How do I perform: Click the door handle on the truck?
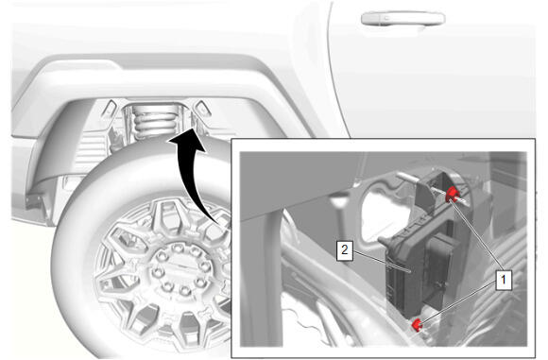coord(402,19)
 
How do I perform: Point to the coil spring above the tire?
coord(154,121)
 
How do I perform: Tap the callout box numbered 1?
coord(504,280)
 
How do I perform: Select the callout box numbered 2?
coord(345,250)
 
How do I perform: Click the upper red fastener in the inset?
coord(452,195)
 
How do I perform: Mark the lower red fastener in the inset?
coord(417,325)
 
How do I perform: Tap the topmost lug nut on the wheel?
coord(178,249)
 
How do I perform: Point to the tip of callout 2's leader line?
coord(411,271)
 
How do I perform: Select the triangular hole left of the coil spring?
coord(111,108)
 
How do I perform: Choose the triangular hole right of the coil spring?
coord(203,108)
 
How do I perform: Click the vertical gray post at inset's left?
coord(261,280)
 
